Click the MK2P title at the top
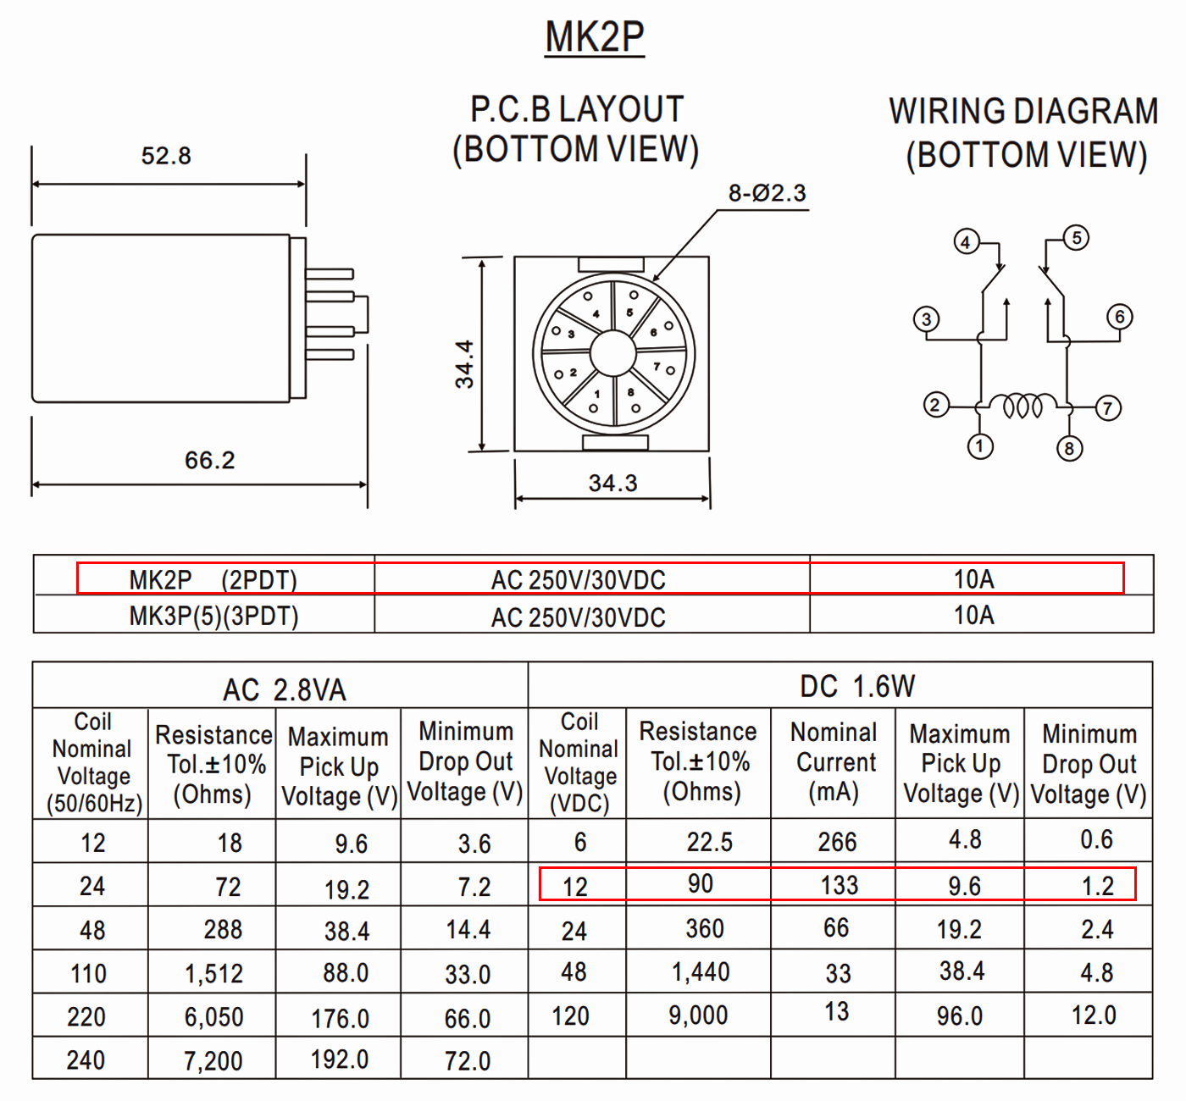point(595,37)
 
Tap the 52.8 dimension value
point(166,156)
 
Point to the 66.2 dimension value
point(209,461)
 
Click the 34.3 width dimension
point(613,483)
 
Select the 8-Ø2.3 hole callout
point(768,193)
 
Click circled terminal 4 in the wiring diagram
point(967,242)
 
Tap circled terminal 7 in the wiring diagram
point(1108,408)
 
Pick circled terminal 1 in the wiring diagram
point(980,446)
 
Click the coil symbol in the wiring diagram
point(1023,405)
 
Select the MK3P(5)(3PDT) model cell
point(213,617)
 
